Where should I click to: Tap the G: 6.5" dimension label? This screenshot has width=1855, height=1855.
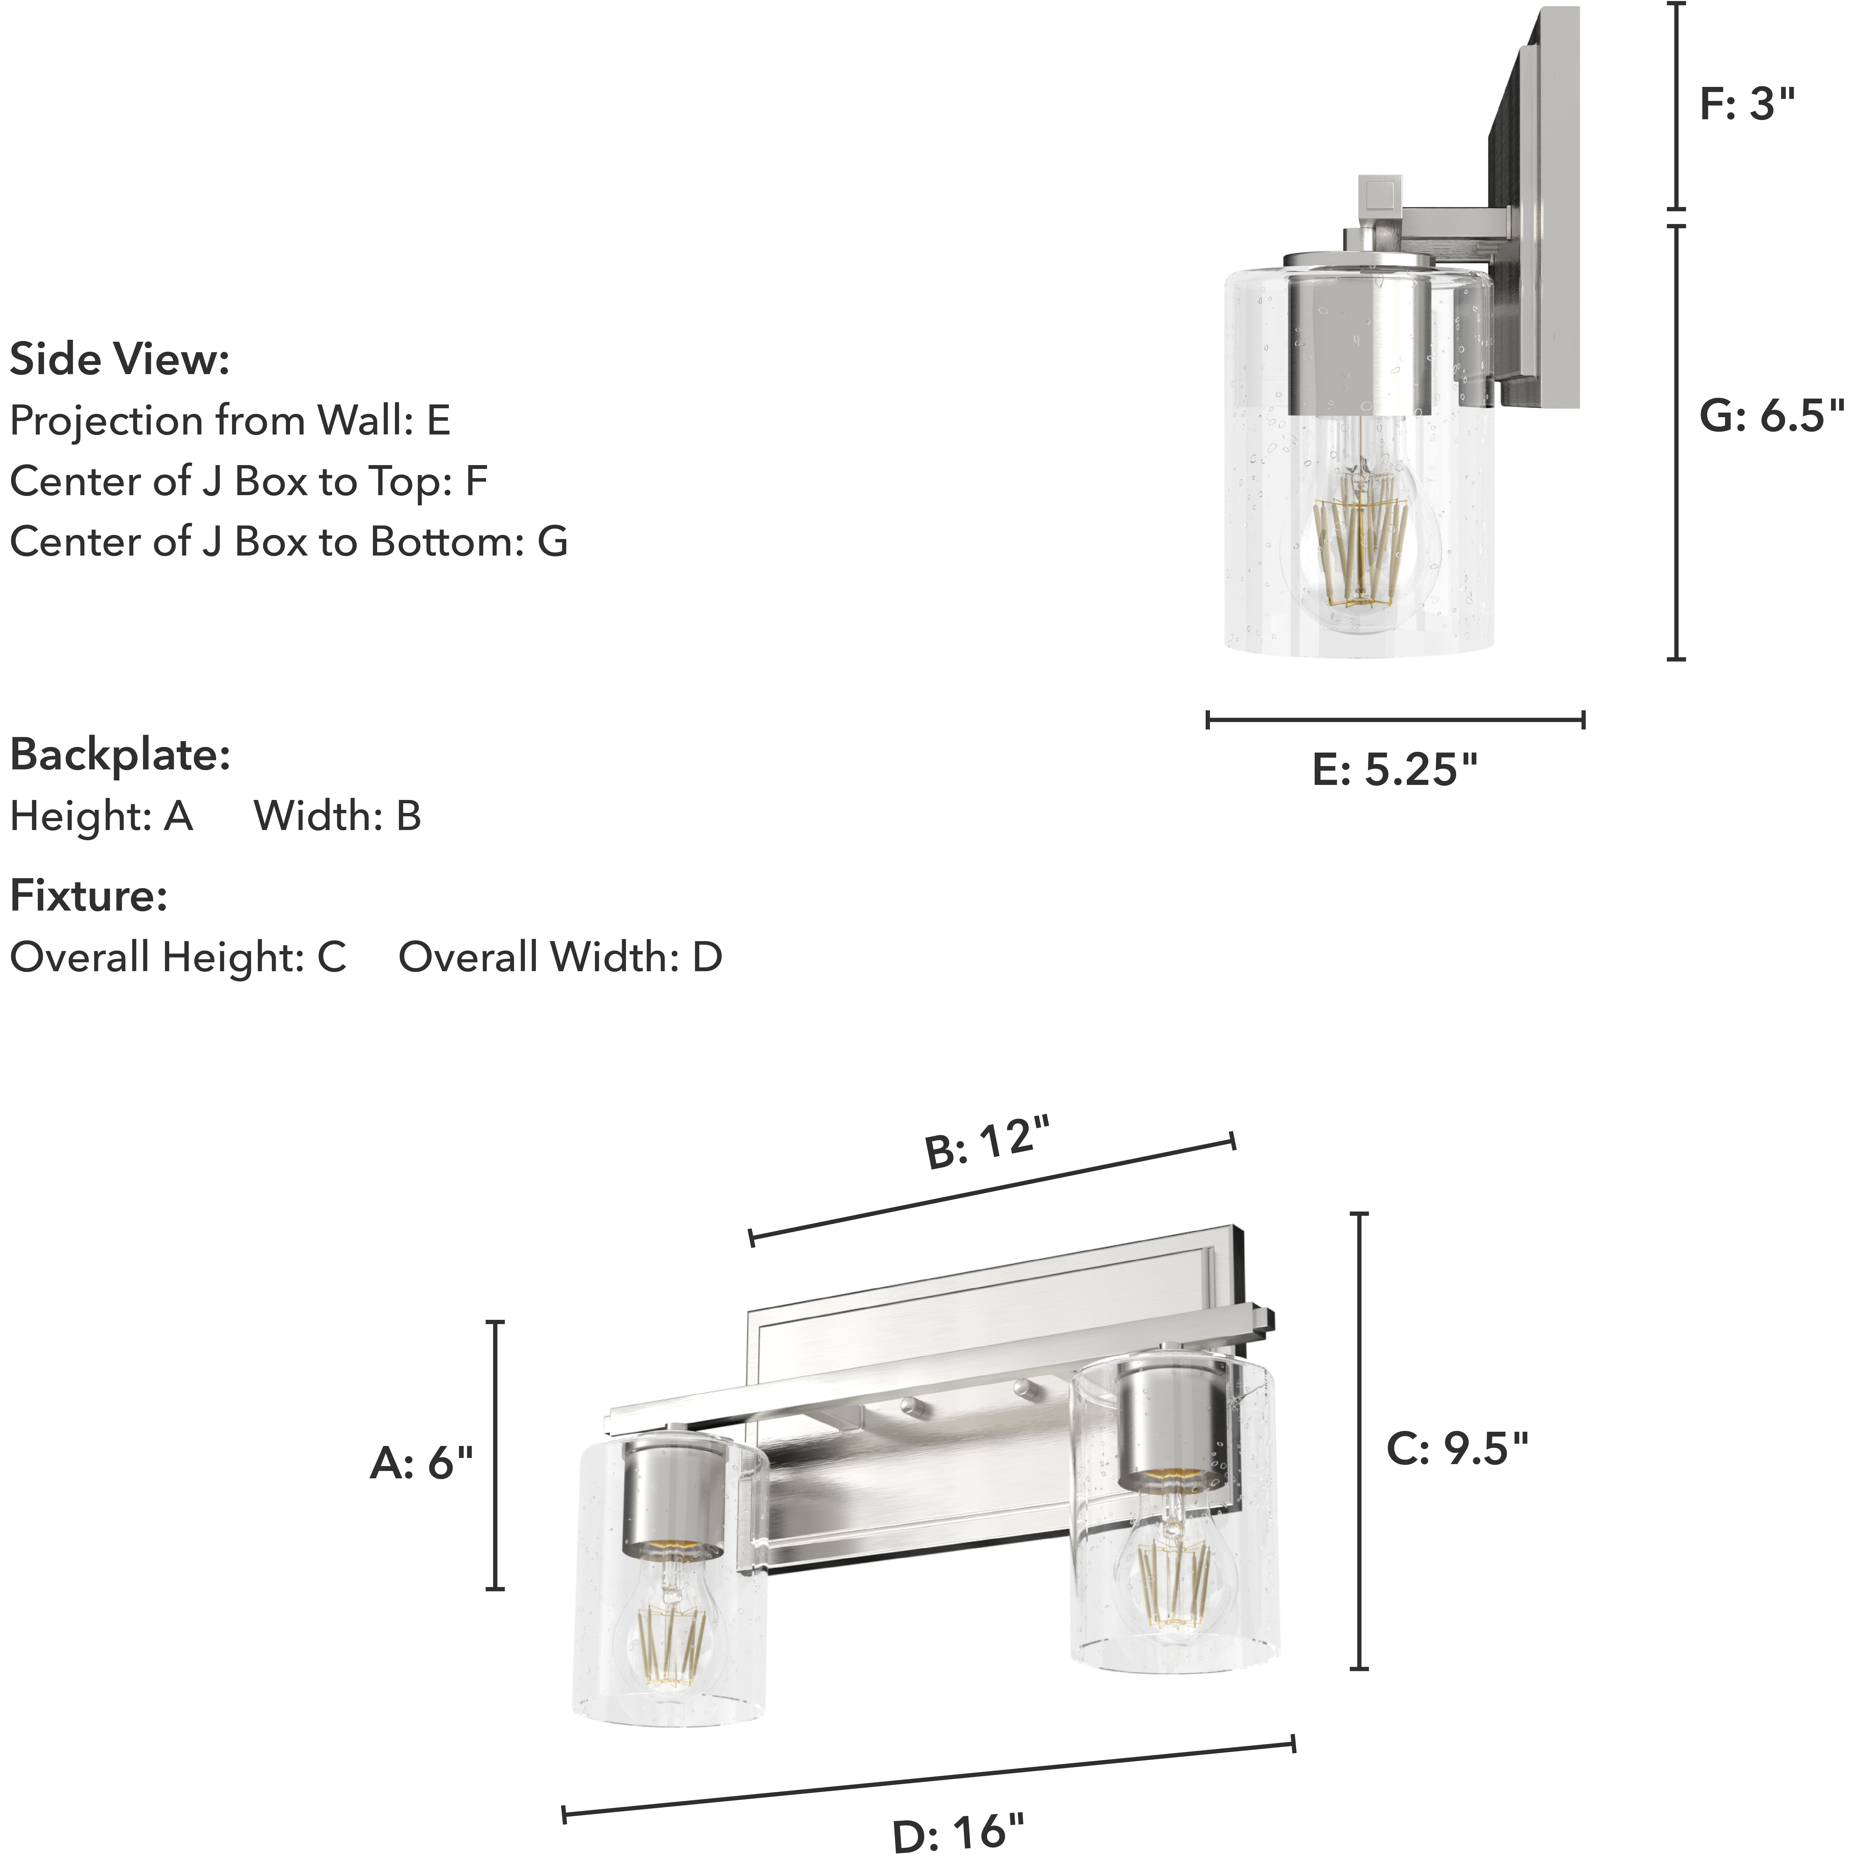tap(1771, 416)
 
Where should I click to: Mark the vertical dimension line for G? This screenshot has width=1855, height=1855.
tap(1676, 442)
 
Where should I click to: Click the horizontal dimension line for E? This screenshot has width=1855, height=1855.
tap(1394, 719)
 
